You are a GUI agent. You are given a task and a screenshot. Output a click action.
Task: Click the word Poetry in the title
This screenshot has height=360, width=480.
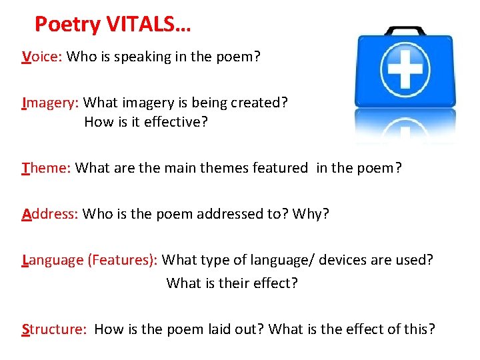[x=67, y=25]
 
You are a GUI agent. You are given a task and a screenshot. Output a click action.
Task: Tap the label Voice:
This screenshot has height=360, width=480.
[x=42, y=57]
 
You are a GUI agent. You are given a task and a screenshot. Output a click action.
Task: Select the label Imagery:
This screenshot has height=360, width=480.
[x=51, y=103]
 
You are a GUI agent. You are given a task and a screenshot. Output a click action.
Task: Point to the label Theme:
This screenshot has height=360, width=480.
[x=46, y=168]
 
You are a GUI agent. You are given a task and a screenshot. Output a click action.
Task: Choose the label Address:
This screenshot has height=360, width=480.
[x=51, y=214]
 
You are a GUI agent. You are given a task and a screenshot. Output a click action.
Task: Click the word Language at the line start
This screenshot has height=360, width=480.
[x=53, y=259]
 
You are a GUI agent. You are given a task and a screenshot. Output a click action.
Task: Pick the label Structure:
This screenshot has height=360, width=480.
[x=54, y=329]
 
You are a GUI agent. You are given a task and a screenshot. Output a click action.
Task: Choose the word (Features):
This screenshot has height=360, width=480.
[x=123, y=259]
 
